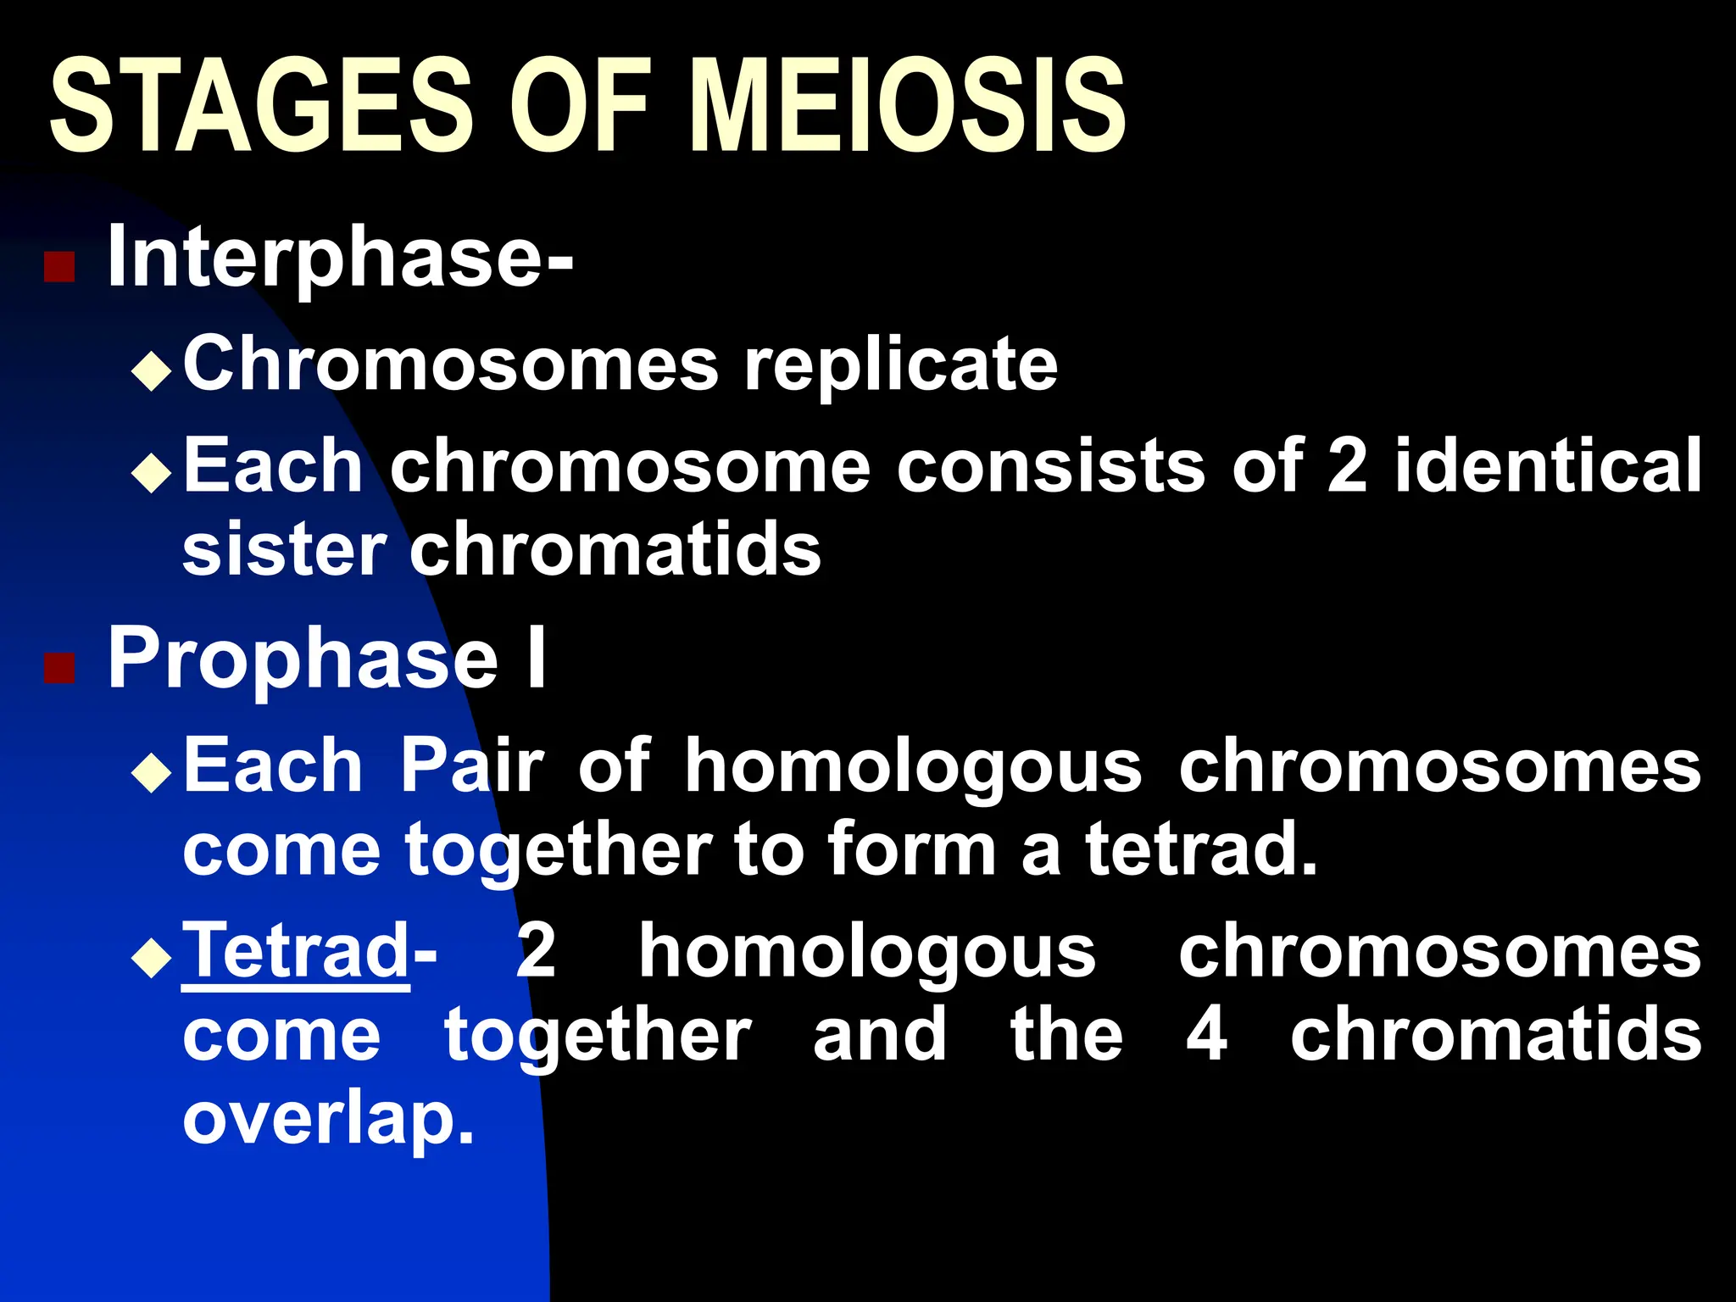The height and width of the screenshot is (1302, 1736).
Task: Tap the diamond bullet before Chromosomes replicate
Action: (x=153, y=370)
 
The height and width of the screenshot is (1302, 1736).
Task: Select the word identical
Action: (x=1548, y=465)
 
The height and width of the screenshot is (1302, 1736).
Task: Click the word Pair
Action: (x=471, y=765)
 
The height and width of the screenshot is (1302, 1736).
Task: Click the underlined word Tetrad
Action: (x=296, y=951)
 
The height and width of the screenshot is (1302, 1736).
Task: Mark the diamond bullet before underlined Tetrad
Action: (x=153, y=957)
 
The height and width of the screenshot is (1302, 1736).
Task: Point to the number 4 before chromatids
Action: (x=1206, y=1035)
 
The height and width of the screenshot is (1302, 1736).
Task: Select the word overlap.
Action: (x=328, y=1119)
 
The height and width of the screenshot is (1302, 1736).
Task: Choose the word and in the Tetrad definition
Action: (x=880, y=1035)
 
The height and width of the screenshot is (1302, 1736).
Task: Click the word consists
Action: (x=1051, y=465)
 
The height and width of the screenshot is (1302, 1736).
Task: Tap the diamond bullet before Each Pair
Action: (x=153, y=771)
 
